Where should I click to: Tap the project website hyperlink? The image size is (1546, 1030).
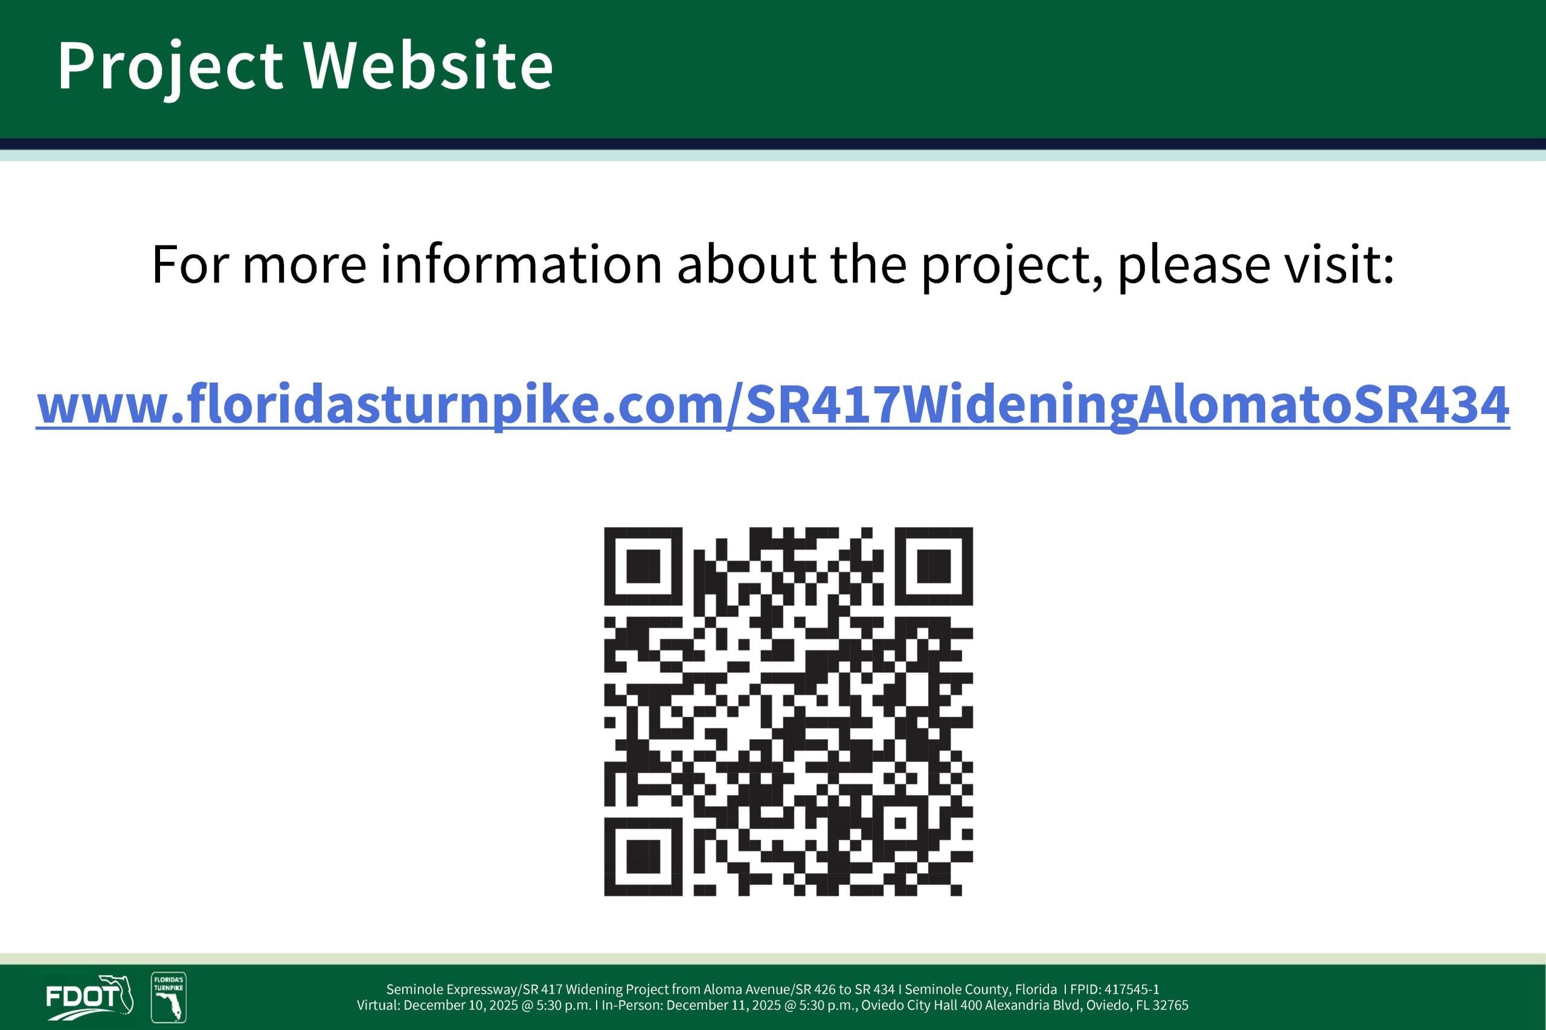point(773,406)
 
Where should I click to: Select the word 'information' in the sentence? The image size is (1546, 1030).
point(521,264)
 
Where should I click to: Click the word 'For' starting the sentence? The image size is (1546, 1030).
point(190,264)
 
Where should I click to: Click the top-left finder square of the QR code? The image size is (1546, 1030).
point(643,565)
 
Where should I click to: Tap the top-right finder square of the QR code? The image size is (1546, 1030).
point(934,565)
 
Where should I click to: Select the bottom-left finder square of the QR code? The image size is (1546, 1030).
point(643,857)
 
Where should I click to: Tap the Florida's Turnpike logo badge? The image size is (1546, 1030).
point(169,997)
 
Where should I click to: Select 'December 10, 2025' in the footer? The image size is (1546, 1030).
point(461,1006)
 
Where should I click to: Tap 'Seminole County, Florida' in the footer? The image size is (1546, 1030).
point(981,990)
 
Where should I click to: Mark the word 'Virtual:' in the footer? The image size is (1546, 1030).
point(378,1005)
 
